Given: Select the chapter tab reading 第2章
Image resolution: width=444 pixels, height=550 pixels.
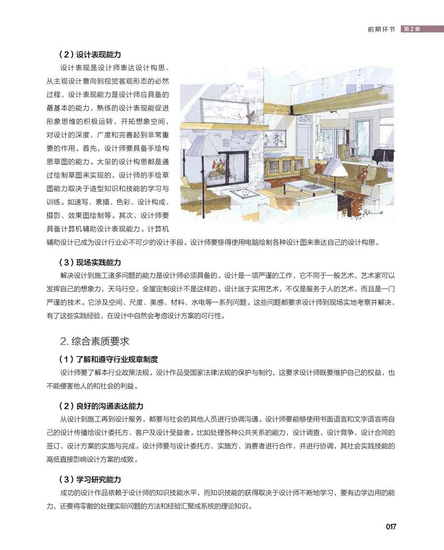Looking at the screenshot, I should click(412, 29).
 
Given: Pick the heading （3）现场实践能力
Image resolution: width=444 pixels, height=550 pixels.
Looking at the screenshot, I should click(89, 262).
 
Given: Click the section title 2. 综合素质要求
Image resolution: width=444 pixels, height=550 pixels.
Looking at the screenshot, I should click(94, 341).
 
